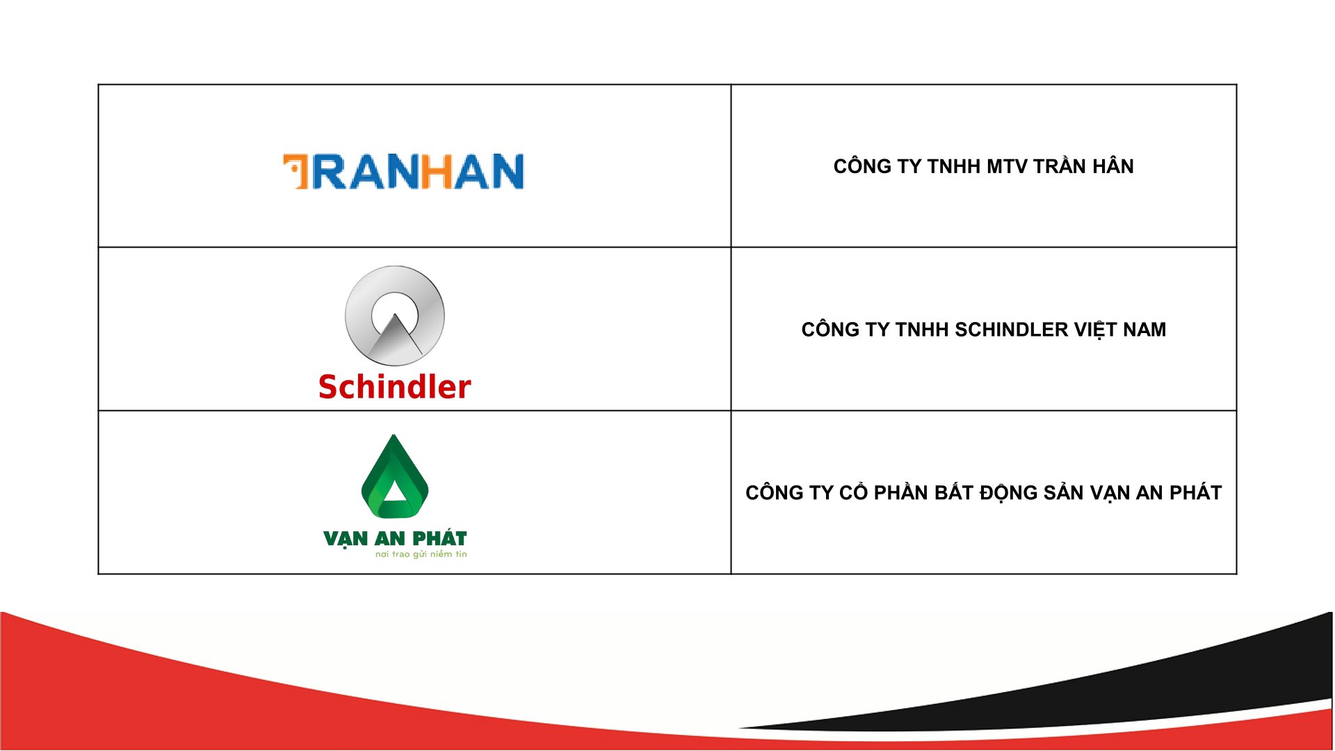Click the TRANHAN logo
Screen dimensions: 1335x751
pos(403,171)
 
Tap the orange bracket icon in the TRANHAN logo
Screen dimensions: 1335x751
pos(296,171)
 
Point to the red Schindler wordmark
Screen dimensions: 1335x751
pos(395,387)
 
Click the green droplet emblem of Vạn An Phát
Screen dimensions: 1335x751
pos(395,476)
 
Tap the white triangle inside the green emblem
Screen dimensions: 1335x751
pos(394,491)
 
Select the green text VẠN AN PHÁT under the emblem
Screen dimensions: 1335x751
pos(395,539)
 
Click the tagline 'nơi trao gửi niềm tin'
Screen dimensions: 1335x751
pos(421,554)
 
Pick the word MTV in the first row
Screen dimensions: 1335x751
pos(1008,166)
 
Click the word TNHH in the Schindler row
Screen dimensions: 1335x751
pos(922,330)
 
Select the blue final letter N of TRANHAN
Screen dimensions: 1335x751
pos(508,171)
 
